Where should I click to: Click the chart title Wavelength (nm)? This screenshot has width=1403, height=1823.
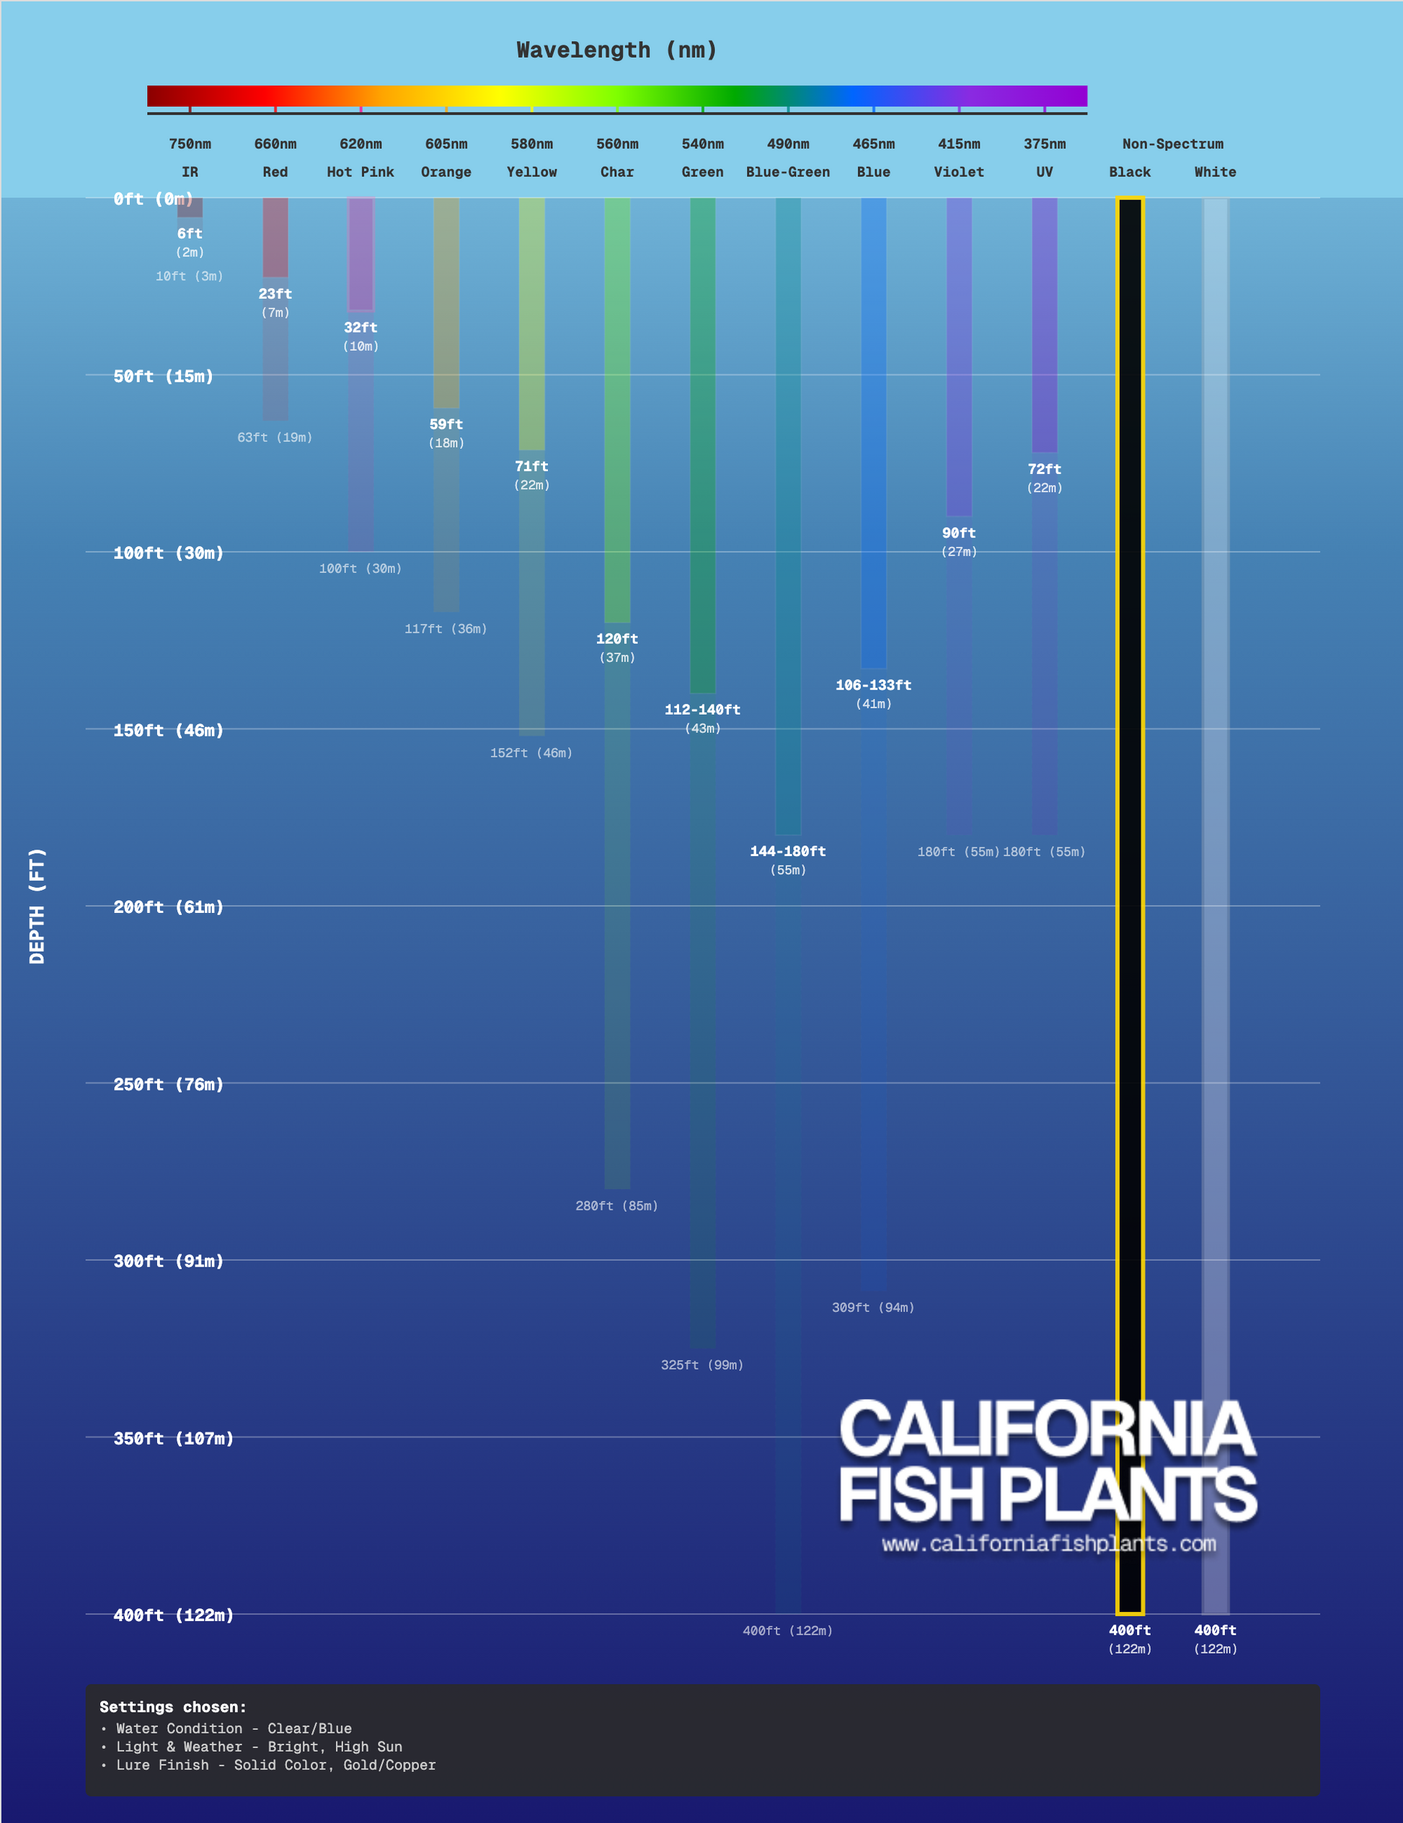(616, 50)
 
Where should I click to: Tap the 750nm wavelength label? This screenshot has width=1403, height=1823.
(190, 144)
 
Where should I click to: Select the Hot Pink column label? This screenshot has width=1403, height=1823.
(360, 172)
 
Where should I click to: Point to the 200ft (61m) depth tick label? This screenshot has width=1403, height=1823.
(168, 907)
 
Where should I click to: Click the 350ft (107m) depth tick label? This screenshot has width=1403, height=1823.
(173, 1438)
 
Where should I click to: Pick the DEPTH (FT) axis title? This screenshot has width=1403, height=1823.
(37, 906)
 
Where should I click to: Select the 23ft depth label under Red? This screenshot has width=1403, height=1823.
(275, 294)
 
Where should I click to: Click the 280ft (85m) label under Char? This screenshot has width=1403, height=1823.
(616, 1206)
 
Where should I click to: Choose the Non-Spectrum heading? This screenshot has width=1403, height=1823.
(1172, 144)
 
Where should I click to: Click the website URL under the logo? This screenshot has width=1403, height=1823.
(1048, 1543)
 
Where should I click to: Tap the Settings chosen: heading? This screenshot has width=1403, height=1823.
(173, 1707)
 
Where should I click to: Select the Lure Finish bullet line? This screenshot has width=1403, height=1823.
(275, 1765)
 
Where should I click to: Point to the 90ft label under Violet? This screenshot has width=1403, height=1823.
(959, 533)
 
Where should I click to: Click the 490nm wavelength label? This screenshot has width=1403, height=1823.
(787, 144)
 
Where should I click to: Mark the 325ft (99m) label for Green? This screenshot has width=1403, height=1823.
(701, 1365)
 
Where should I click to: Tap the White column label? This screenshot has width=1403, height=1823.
(1214, 172)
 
